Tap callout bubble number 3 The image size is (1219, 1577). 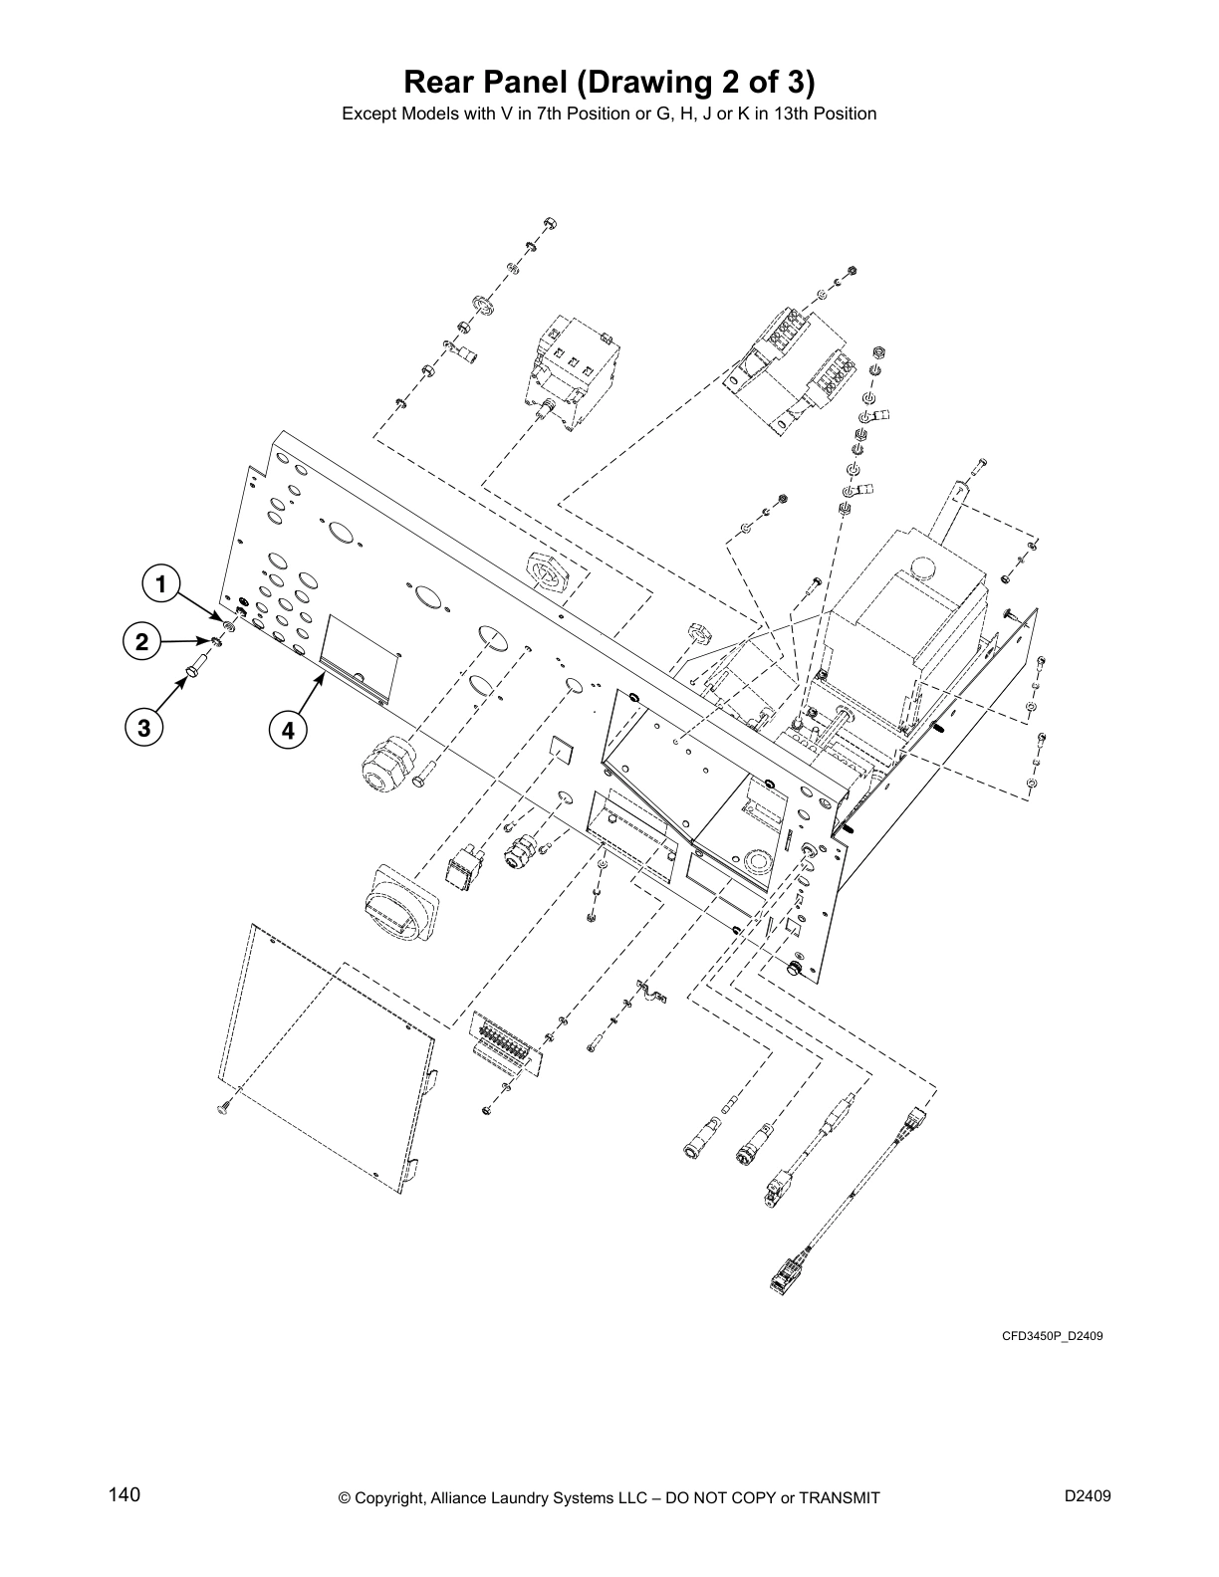click(x=145, y=729)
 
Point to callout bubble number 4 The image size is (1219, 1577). click(x=287, y=731)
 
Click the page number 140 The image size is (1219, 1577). click(x=124, y=1495)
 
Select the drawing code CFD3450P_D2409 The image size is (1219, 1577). click(x=1052, y=1335)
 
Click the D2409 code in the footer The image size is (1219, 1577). click(x=1087, y=1495)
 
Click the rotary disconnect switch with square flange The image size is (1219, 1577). click(x=400, y=904)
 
